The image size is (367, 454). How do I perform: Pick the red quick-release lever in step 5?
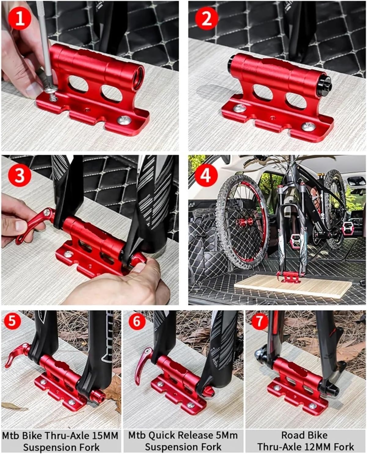click(x=17, y=355)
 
